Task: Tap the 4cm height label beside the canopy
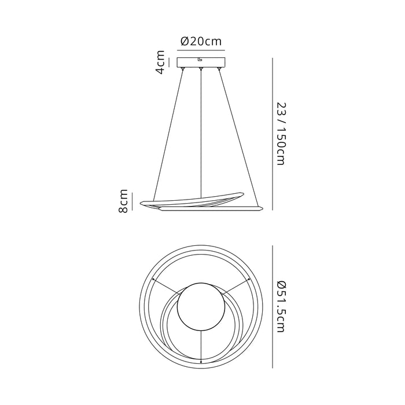pyautogui.click(x=160, y=62)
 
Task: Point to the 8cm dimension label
pyautogui.click(x=124, y=201)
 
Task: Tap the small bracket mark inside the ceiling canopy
pyautogui.click(x=199, y=58)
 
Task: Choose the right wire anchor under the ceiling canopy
pyautogui.click(x=219, y=69)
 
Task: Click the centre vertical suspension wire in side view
pyautogui.click(x=201, y=133)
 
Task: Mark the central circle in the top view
pyautogui.click(x=200, y=307)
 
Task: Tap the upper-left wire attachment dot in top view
pyautogui.click(x=152, y=280)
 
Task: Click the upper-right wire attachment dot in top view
pyautogui.click(x=248, y=280)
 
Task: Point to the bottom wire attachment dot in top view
pyautogui.click(x=200, y=362)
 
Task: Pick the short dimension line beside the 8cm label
pyautogui.click(x=132, y=201)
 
